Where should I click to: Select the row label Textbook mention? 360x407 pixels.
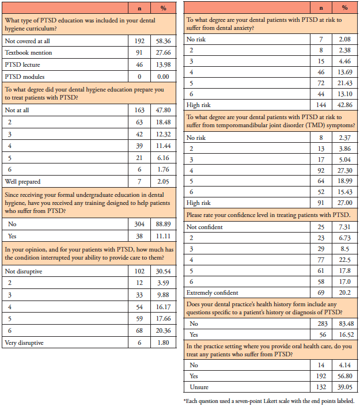coord(28,52)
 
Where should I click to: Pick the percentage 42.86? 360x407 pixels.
coord(344,105)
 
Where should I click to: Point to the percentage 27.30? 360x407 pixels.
coord(344,170)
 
